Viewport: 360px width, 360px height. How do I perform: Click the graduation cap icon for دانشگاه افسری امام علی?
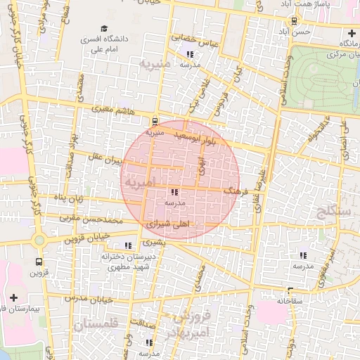[104, 29]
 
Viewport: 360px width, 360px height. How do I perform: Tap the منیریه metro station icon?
[155, 121]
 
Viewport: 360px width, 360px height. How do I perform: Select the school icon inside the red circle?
[174, 192]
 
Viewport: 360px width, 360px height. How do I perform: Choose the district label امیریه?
[135, 182]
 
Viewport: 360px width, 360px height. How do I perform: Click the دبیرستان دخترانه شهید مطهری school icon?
[127, 245]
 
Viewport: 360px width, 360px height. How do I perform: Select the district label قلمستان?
[97, 324]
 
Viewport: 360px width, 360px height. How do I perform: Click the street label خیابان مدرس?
[85, 298]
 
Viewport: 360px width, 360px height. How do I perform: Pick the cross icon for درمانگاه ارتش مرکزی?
[352, 33]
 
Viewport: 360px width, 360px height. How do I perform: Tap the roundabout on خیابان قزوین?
[39, 240]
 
